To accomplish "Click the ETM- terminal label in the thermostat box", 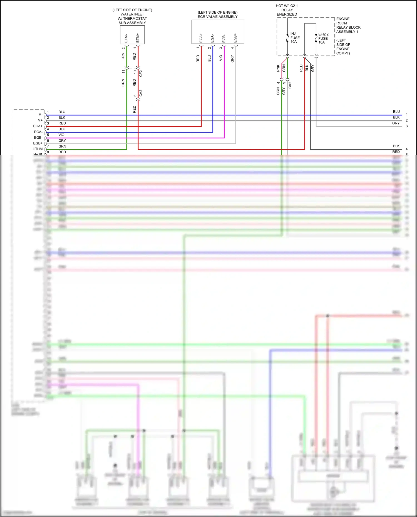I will tap(126, 38).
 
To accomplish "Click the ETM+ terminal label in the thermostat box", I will tap(138, 38).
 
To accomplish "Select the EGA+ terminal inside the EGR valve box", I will tap(201, 38).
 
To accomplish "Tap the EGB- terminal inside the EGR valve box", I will tap(224, 38).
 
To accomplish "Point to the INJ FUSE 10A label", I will tap(295, 38).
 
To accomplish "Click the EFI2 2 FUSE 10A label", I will tap(323, 38).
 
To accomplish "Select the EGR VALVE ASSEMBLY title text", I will tap(218, 17).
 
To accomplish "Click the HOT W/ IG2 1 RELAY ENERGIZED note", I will tap(287, 10).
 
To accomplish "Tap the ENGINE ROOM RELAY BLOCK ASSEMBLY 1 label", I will tap(348, 25).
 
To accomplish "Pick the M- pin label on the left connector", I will tap(41, 114).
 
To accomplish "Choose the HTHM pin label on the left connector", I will tap(38, 149).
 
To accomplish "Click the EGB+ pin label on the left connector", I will tap(38, 143).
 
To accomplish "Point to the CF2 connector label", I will tap(141, 73).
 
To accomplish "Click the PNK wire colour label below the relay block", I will tap(278, 68).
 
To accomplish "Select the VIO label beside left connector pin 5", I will tap(61, 135).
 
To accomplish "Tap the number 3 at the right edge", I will tap(407, 126).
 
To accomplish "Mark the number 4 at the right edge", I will tap(407, 149).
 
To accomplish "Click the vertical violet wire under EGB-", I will tap(224, 92).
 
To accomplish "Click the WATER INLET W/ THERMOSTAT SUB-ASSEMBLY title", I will tap(132, 16).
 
